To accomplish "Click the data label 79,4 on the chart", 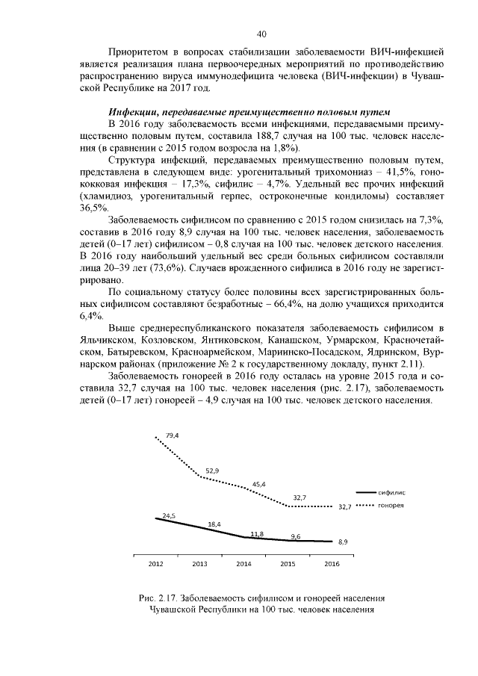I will point(161,435).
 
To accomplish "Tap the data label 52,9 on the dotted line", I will point(212,471).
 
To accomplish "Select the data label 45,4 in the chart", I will point(259,484).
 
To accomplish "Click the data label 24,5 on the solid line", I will point(168,515).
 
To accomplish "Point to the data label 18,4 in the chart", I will point(214,524).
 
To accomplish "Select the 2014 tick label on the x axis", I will point(243,564).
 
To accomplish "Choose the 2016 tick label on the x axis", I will point(332,564).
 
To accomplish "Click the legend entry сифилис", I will point(393,494).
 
